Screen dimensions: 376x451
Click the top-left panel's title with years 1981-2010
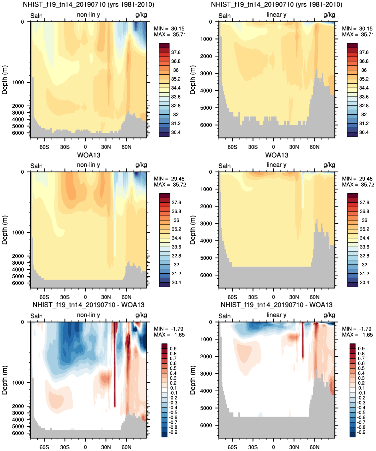tap(89, 4)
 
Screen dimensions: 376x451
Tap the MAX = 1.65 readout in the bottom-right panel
tap(357, 335)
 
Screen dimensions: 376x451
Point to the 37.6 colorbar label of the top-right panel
tap(364, 52)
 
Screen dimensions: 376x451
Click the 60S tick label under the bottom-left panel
tap(44, 447)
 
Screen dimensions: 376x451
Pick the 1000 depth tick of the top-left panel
tap(18, 82)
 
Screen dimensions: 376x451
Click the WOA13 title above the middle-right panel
tap(277, 155)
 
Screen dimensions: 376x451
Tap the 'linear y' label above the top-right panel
tap(277, 15)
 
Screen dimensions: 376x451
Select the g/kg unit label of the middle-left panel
tap(141, 165)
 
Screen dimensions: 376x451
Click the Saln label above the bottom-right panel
tap(225, 316)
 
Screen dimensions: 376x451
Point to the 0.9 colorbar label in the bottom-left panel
tap(173, 348)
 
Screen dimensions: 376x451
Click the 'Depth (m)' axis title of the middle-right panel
tap(192, 230)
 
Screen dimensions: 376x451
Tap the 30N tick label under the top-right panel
tap(294, 147)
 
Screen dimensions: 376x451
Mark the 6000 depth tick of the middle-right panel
tap(206, 275)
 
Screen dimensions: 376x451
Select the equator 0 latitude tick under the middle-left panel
tap(85, 297)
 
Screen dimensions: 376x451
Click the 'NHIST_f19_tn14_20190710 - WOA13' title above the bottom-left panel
tap(88, 305)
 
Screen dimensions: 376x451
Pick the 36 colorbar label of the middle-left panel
tap(176, 220)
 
